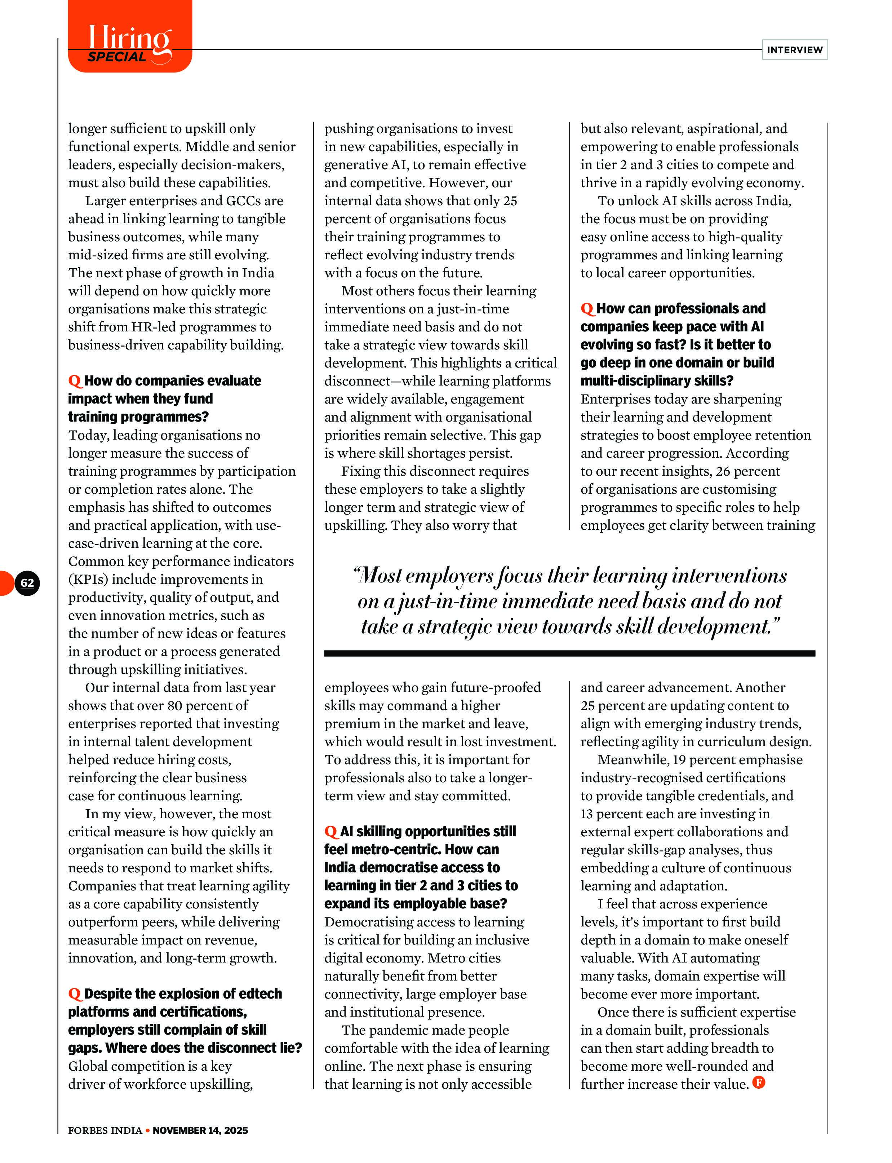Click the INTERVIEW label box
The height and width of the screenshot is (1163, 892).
pos(794,49)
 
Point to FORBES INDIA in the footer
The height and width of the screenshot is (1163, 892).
pos(105,1130)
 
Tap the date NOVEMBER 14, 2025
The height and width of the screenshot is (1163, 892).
pos(200,1130)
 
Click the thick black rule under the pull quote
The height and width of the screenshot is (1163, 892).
pos(569,653)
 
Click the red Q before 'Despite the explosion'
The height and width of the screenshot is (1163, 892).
pos(75,994)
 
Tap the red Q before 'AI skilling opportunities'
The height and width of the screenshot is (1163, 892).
pos(331,832)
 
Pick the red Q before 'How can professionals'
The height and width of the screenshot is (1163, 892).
pos(587,309)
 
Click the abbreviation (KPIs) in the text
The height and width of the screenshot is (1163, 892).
pos(88,579)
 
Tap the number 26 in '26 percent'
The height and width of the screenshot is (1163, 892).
pos(723,471)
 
